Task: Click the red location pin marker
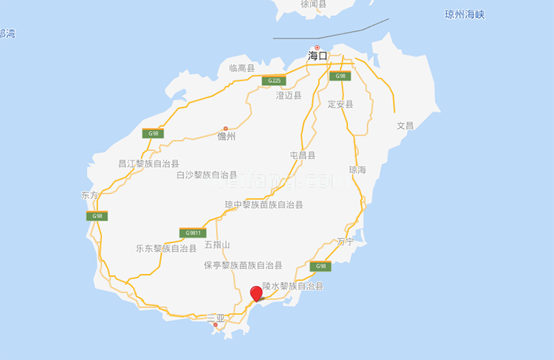[256, 294]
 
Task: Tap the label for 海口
[317, 55]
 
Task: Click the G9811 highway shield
[192, 233]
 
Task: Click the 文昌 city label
[405, 125]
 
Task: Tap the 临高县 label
[242, 68]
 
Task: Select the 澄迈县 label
[290, 94]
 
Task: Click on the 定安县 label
[340, 104]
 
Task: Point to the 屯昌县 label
[302, 155]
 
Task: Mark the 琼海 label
[358, 170]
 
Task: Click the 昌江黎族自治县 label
[148, 164]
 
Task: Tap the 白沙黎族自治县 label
[206, 175]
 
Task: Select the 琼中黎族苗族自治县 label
[263, 204]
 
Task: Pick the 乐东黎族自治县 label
[166, 248]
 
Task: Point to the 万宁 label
[346, 242]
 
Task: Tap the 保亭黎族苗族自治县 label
[242, 265]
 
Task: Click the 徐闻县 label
[314, 4]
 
